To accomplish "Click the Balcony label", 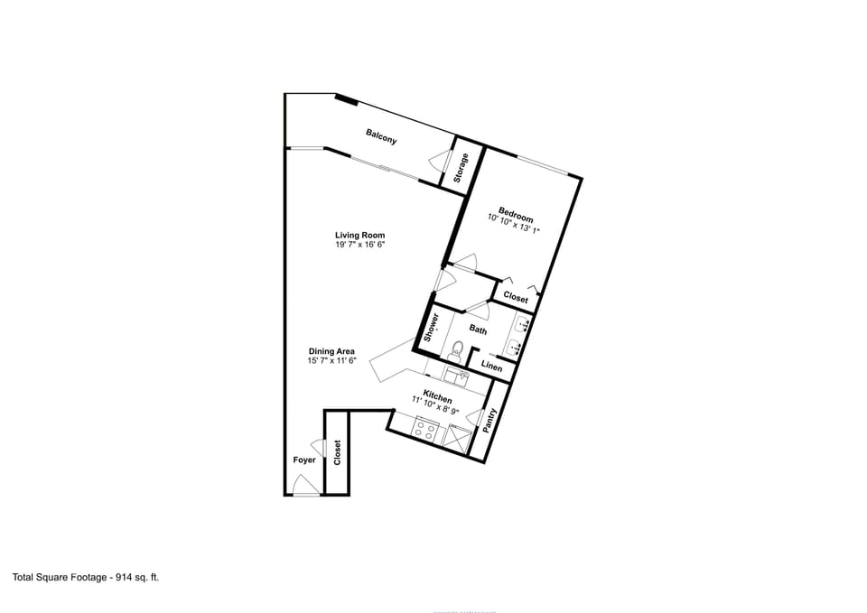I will pyautogui.click(x=381, y=136).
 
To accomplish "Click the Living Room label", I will pyautogui.click(x=360, y=235).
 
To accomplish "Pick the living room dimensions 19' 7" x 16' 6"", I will pyautogui.click(x=360, y=245).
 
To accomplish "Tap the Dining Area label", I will pyautogui.click(x=331, y=351).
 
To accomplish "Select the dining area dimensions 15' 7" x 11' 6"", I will pyautogui.click(x=331, y=361).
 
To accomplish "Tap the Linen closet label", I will pyautogui.click(x=491, y=367).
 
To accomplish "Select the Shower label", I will pyautogui.click(x=432, y=326).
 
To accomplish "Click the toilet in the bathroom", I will pyautogui.click(x=457, y=348).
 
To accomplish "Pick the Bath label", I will pyautogui.click(x=478, y=330).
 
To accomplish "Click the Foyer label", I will pyautogui.click(x=304, y=460).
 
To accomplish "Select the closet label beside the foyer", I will pyautogui.click(x=337, y=453).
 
